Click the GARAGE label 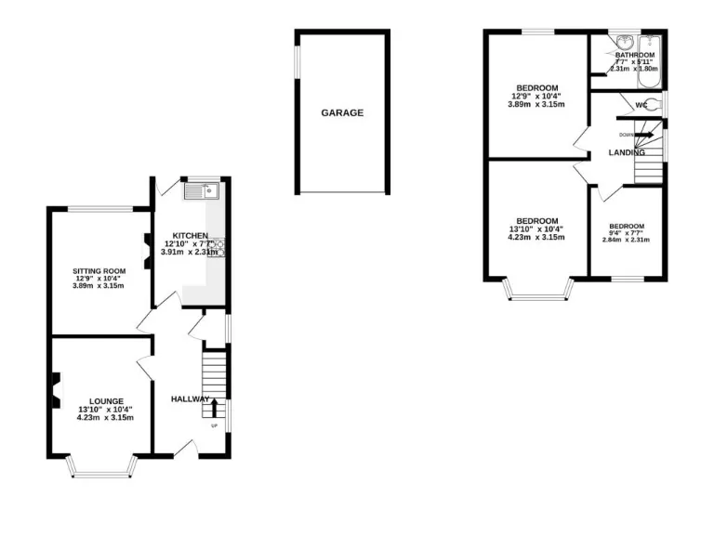342,113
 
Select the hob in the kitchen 221,248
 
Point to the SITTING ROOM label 99,271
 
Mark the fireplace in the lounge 56,389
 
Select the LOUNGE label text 106,401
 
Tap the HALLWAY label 190,399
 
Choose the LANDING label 627,152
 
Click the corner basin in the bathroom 624,43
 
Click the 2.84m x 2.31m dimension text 626,240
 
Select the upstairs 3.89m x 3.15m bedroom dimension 535,104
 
